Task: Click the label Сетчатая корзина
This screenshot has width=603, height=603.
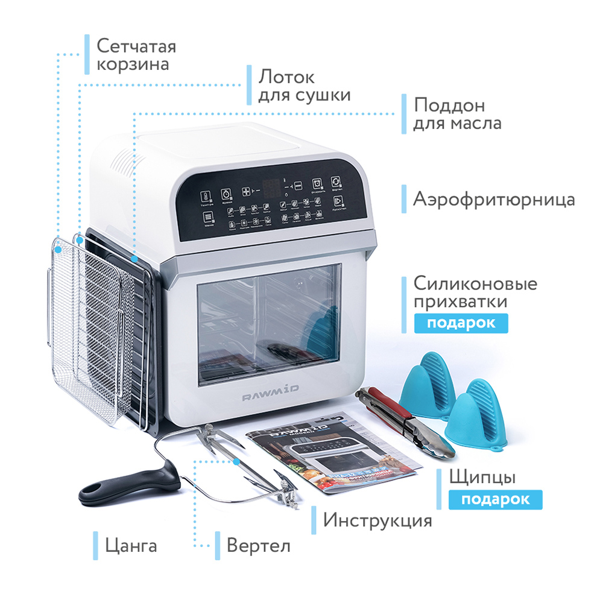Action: (x=136, y=55)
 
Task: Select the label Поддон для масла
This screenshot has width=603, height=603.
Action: (x=457, y=113)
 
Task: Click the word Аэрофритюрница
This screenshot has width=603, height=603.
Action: (x=494, y=200)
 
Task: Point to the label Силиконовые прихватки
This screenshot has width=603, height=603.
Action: (x=475, y=292)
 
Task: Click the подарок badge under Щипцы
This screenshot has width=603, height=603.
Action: (x=495, y=500)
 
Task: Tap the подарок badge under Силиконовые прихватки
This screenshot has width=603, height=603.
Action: (x=461, y=323)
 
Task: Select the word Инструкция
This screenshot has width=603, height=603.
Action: (x=377, y=520)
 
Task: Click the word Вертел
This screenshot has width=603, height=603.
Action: (x=258, y=546)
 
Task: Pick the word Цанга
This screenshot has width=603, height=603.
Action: (x=131, y=546)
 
